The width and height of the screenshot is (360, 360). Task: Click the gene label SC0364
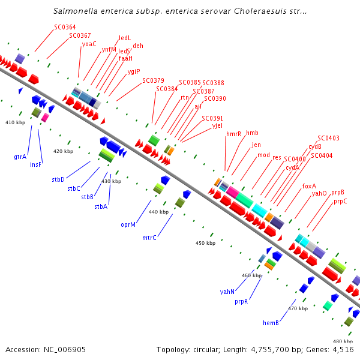[x=65, y=27]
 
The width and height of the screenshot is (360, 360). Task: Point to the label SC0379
[x=153, y=80]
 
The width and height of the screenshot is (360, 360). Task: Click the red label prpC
[x=340, y=201]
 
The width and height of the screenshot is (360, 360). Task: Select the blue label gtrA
[x=20, y=157]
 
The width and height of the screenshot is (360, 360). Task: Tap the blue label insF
[x=36, y=164]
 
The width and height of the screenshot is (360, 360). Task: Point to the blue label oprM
[x=128, y=224]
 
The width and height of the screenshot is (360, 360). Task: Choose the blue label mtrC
[x=149, y=238]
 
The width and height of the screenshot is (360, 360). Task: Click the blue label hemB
[x=270, y=323]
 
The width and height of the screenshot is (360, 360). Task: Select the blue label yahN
[x=227, y=292]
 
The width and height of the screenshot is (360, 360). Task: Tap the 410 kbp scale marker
[x=16, y=122]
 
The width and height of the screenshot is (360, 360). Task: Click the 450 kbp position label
[x=205, y=243]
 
